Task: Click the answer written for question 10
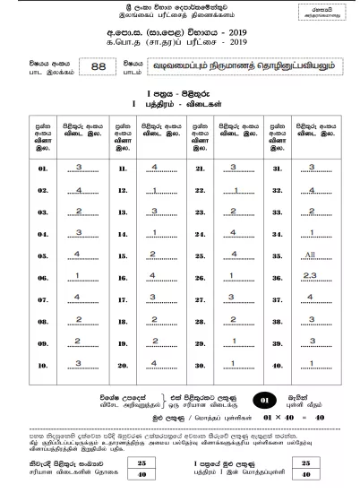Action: point(80,362)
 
